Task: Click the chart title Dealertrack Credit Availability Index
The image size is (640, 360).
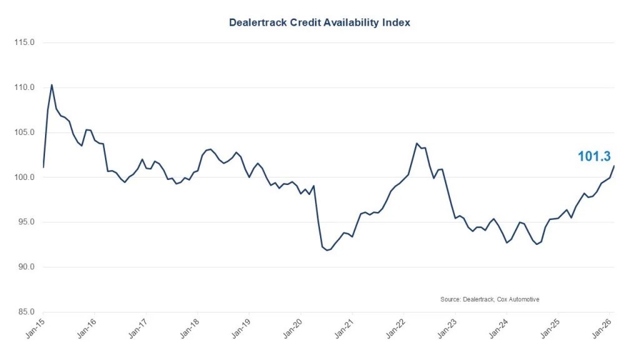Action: pos(319,22)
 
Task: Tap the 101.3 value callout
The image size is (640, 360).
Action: pos(594,156)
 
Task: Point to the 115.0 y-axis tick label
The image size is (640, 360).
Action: pos(24,42)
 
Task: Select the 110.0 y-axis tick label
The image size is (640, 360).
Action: pos(24,87)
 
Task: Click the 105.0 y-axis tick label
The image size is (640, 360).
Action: pos(24,132)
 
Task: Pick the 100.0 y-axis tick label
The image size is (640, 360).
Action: pos(24,177)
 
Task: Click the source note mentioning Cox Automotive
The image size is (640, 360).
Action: pos(489,299)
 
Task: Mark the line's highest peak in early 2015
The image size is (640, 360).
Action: pos(51,84)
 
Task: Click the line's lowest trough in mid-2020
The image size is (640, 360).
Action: pos(327,251)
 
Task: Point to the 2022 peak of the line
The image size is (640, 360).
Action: pos(417,143)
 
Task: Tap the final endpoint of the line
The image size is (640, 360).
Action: pos(614,166)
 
